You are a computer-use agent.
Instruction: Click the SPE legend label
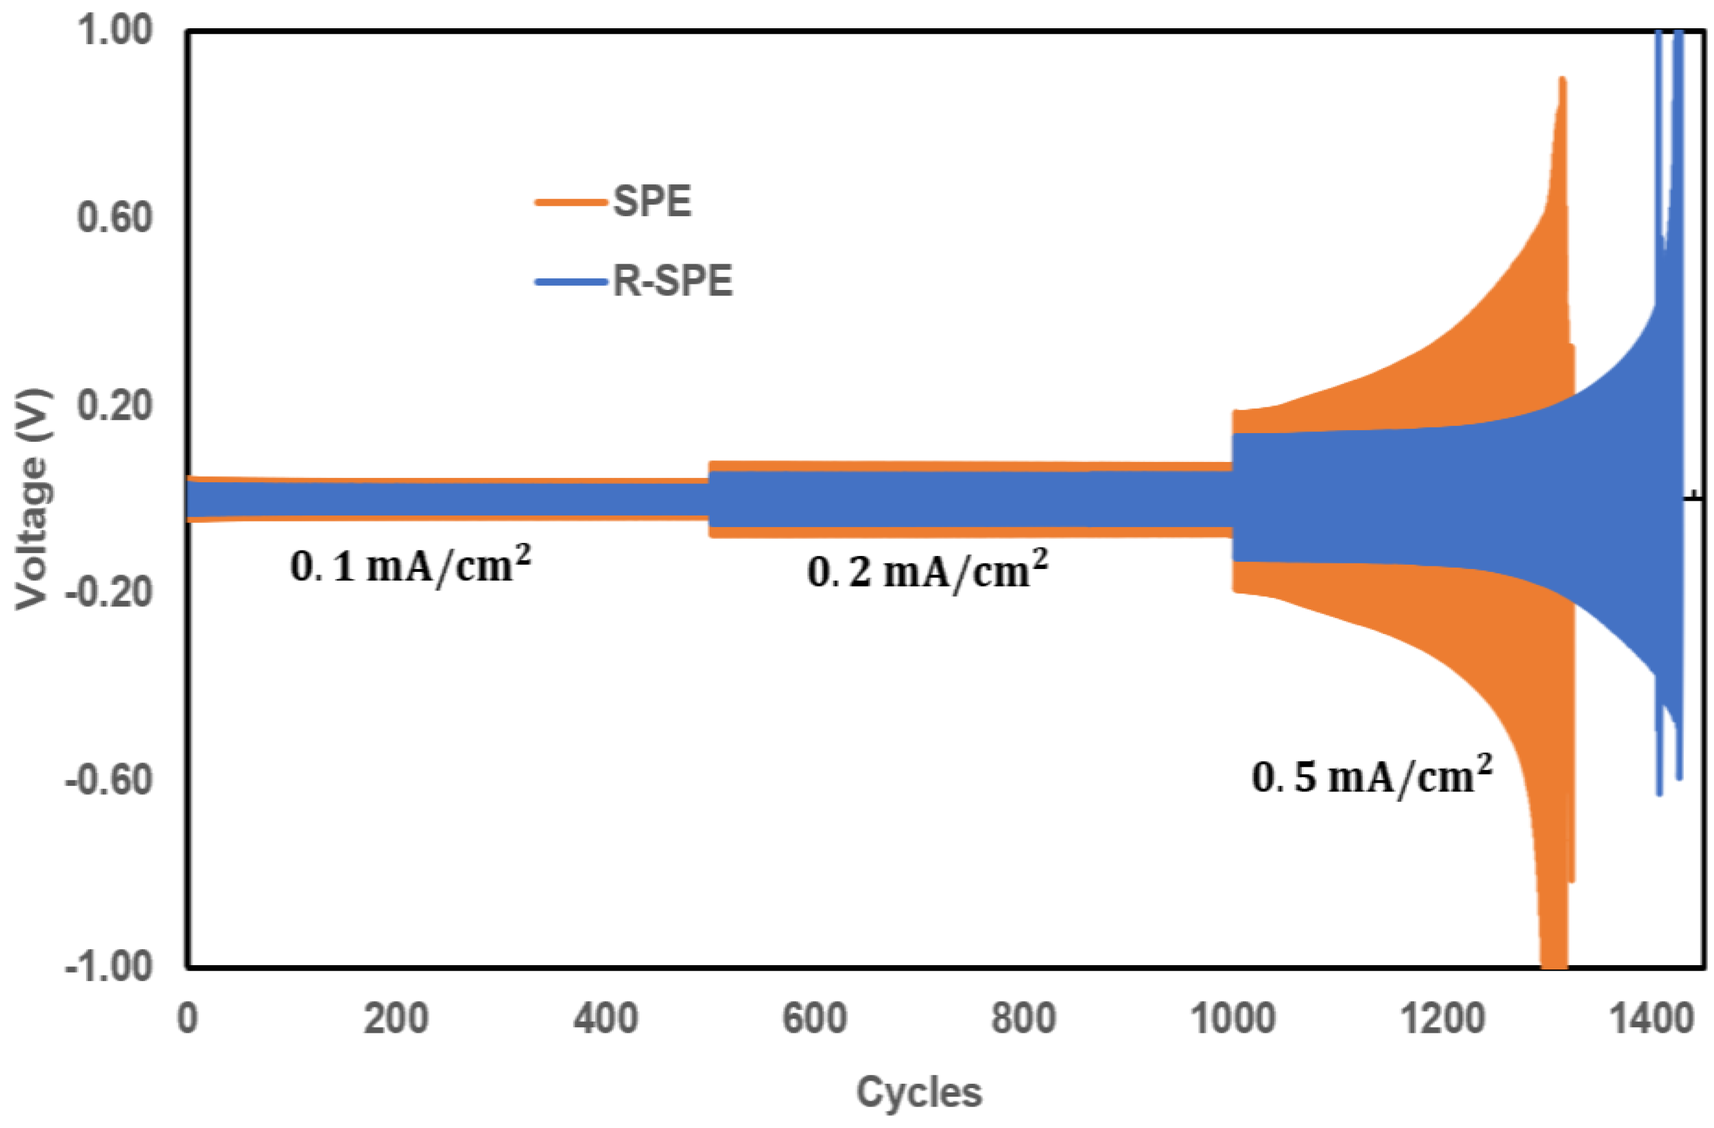[652, 201]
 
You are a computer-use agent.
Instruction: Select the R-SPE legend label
[672, 280]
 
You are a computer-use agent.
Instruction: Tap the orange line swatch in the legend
[570, 202]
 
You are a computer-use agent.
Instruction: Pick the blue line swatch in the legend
[570, 281]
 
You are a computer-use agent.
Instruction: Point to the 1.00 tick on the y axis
[115, 31]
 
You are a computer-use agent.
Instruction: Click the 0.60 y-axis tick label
[115, 217]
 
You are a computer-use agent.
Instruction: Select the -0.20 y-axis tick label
[109, 592]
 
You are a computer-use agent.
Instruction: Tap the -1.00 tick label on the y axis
[109, 966]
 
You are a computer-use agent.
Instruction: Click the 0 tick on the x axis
[187, 1019]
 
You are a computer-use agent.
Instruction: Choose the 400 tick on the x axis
[605, 1019]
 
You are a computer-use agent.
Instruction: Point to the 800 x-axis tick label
[1023, 1019]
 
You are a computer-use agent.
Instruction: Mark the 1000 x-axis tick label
[1233, 1019]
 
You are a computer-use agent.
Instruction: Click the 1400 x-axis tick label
[1651, 1019]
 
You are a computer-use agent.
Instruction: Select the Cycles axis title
[919, 1092]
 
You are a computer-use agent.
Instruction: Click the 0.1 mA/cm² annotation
[410, 565]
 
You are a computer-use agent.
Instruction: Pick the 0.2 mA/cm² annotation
[927, 571]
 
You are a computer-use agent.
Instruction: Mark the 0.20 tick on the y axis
[115, 405]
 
